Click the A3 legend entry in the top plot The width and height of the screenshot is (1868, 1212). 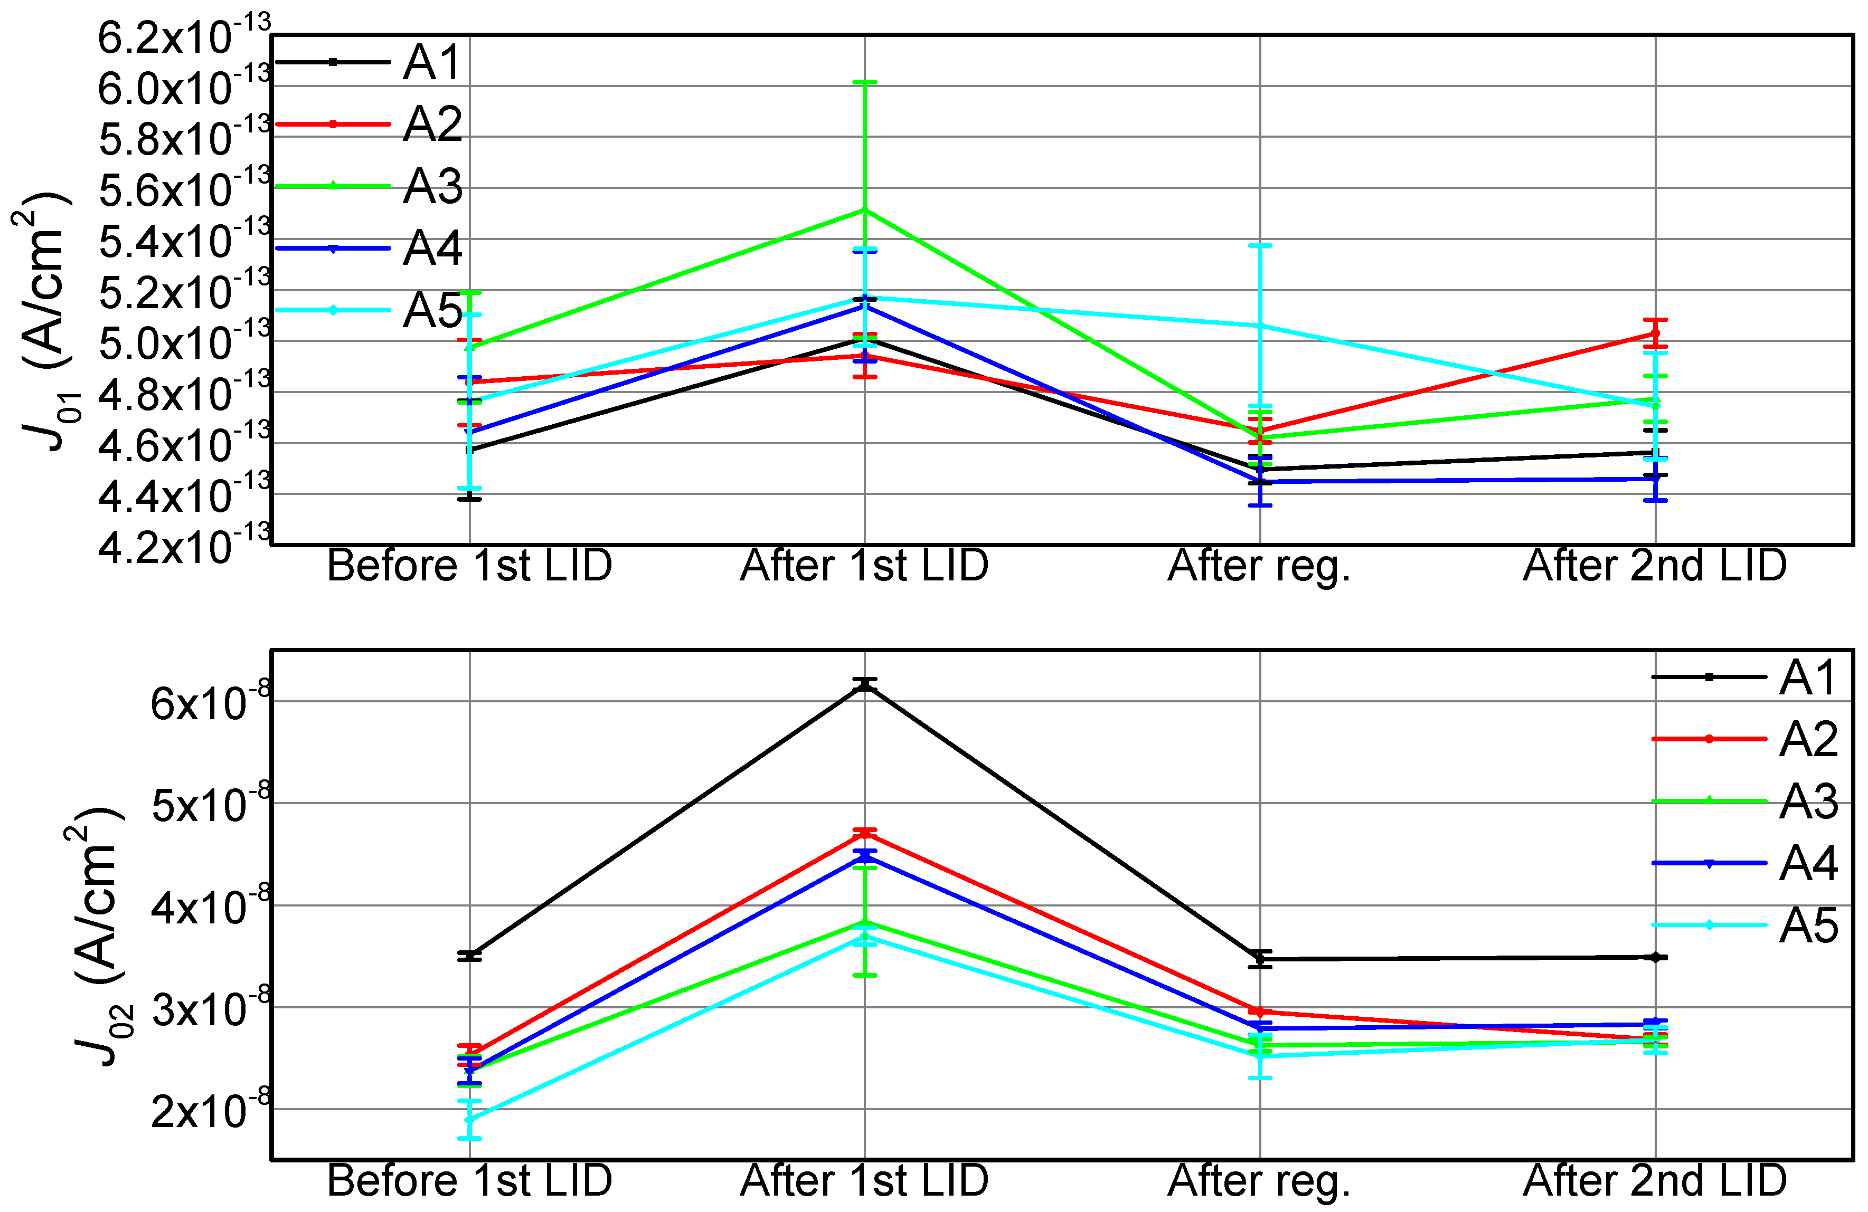tap(432, 187)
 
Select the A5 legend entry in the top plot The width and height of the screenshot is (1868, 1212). tap(432, 311)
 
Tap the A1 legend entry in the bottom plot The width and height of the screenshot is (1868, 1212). tap(1808, 677)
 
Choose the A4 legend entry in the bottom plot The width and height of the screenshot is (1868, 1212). tap(1808, 864)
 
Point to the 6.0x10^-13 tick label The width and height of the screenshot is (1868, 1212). tap(184, 87)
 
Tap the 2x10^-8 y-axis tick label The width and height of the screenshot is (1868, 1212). tap(210, 1110)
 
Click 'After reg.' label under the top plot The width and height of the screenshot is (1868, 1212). tap(1259, 566)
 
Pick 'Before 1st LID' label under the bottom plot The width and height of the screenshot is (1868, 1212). tap(469, 1181)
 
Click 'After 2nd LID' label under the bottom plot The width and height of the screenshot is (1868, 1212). tap(1655, 1181)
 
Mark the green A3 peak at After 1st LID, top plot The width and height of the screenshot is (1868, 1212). tap(864, 209)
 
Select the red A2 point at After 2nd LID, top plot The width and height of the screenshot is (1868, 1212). tap(1655, 333)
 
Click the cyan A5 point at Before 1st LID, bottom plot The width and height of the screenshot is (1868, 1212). tap(469, 1120)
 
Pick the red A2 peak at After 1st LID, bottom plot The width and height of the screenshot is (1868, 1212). tap(864, 833)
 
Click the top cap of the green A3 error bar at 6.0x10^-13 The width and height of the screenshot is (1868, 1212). tap(864, 82)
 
